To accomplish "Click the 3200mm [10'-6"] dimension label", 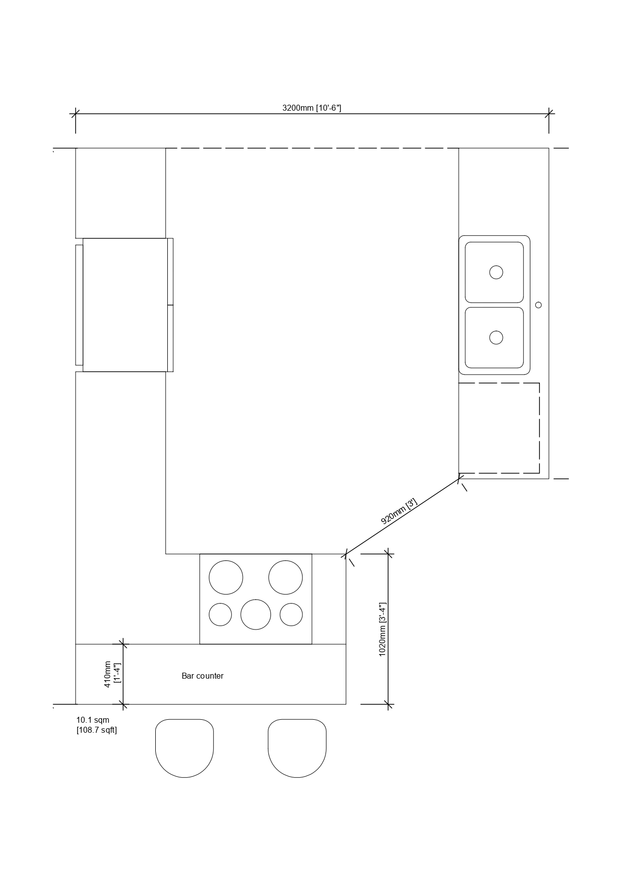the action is click(312, 108).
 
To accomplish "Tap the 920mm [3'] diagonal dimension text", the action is click(399, 511).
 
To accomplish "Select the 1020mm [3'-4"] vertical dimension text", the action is click(383, 629).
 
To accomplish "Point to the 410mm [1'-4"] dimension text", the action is click(112, 674).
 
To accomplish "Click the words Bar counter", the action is click(202, 676).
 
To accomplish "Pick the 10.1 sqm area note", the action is click(93, 720).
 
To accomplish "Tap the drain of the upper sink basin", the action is click(496, 272).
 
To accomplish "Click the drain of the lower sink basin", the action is click(496, 337).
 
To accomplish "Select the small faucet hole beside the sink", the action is click(538, 305).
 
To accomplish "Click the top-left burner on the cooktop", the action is click(226, 577).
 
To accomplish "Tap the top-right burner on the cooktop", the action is click(285, 577).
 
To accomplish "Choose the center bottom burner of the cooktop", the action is click(255, 614).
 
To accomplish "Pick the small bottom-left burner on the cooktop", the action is click(220, 615).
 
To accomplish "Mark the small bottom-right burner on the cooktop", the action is click(291, 615).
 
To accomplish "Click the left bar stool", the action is click(184, 748).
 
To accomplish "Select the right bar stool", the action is click(297, 748).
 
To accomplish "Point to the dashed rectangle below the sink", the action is click(539, 428).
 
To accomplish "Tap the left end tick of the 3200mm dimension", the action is click(76, 114).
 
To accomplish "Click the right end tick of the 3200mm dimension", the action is click(549, 114).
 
